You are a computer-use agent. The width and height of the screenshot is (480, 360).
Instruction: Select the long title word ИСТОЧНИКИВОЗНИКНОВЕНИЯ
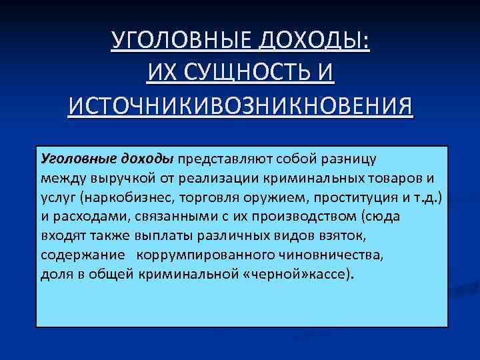pyautogui.click(x=240, y=103)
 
